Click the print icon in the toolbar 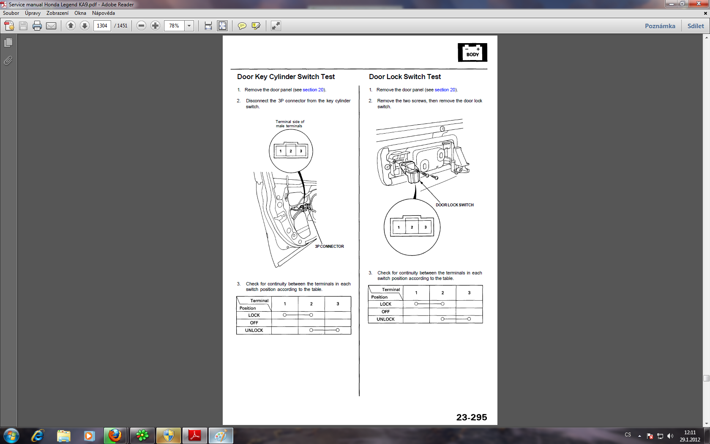point(37,26)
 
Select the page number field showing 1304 point(102,26)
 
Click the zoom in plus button point(155,26)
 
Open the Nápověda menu point(103,13)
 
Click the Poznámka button point(660,26)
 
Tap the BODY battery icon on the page point(472,52)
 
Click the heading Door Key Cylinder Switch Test point(286,77)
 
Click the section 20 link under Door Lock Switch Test point(445,90)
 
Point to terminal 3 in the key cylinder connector point(301,151)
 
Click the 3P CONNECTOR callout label point(329,247)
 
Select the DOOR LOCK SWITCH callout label point(455,205)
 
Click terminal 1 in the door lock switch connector point(399,227)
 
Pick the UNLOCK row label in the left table point(254,331)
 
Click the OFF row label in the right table point(385,312)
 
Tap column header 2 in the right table point(442,293)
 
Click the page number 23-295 point(471,417)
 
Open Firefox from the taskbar point(115,436)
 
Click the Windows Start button point(11,436)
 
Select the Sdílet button point(696,26)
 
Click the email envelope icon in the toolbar point(51,26)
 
